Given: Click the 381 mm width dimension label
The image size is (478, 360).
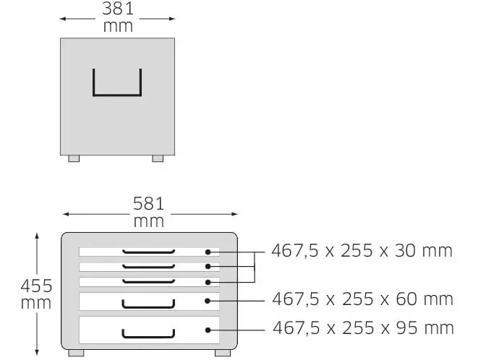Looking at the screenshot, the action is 118,17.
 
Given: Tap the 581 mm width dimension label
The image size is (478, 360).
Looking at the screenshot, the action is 149,212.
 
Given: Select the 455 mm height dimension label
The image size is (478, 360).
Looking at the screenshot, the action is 36,294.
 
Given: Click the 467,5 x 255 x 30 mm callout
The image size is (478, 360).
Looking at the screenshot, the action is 362,251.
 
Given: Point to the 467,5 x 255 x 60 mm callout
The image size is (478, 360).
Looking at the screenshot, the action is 362,299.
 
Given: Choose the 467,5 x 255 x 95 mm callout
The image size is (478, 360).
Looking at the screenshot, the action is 363,328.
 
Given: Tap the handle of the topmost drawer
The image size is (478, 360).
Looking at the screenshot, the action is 148,252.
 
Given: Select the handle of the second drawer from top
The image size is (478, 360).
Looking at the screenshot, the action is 148,267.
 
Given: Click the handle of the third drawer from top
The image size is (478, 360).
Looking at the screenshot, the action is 148,282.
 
